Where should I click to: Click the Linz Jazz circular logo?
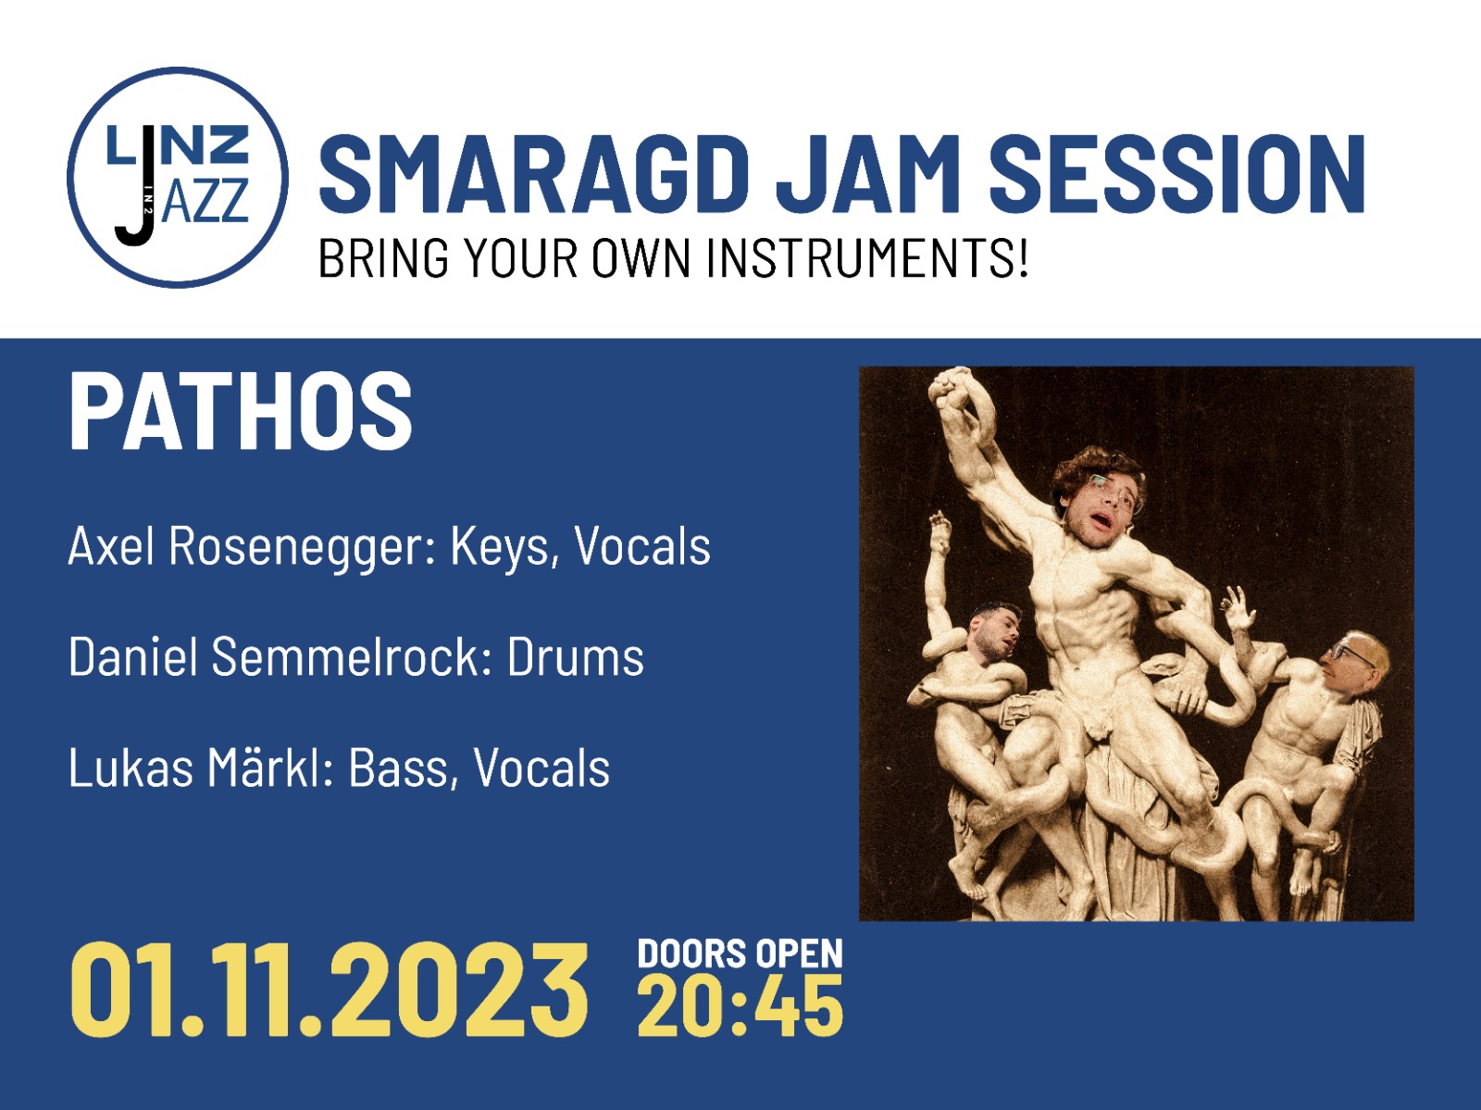click(x=178, y=178)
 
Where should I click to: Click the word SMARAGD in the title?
click(x=534, y=174)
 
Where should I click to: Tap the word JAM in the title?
click(x=868, y=174)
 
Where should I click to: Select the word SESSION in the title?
click(x=1177, y=174)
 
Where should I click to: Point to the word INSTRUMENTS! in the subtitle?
click(x=868, y=257)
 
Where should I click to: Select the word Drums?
click(x=576, y=656)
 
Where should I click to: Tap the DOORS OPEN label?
click(x=740, y=954)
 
